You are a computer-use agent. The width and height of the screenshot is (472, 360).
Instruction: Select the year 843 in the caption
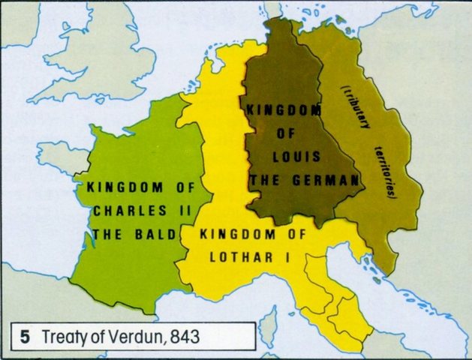point(185,336)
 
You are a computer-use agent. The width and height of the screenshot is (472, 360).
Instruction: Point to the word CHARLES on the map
point(123,211)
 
